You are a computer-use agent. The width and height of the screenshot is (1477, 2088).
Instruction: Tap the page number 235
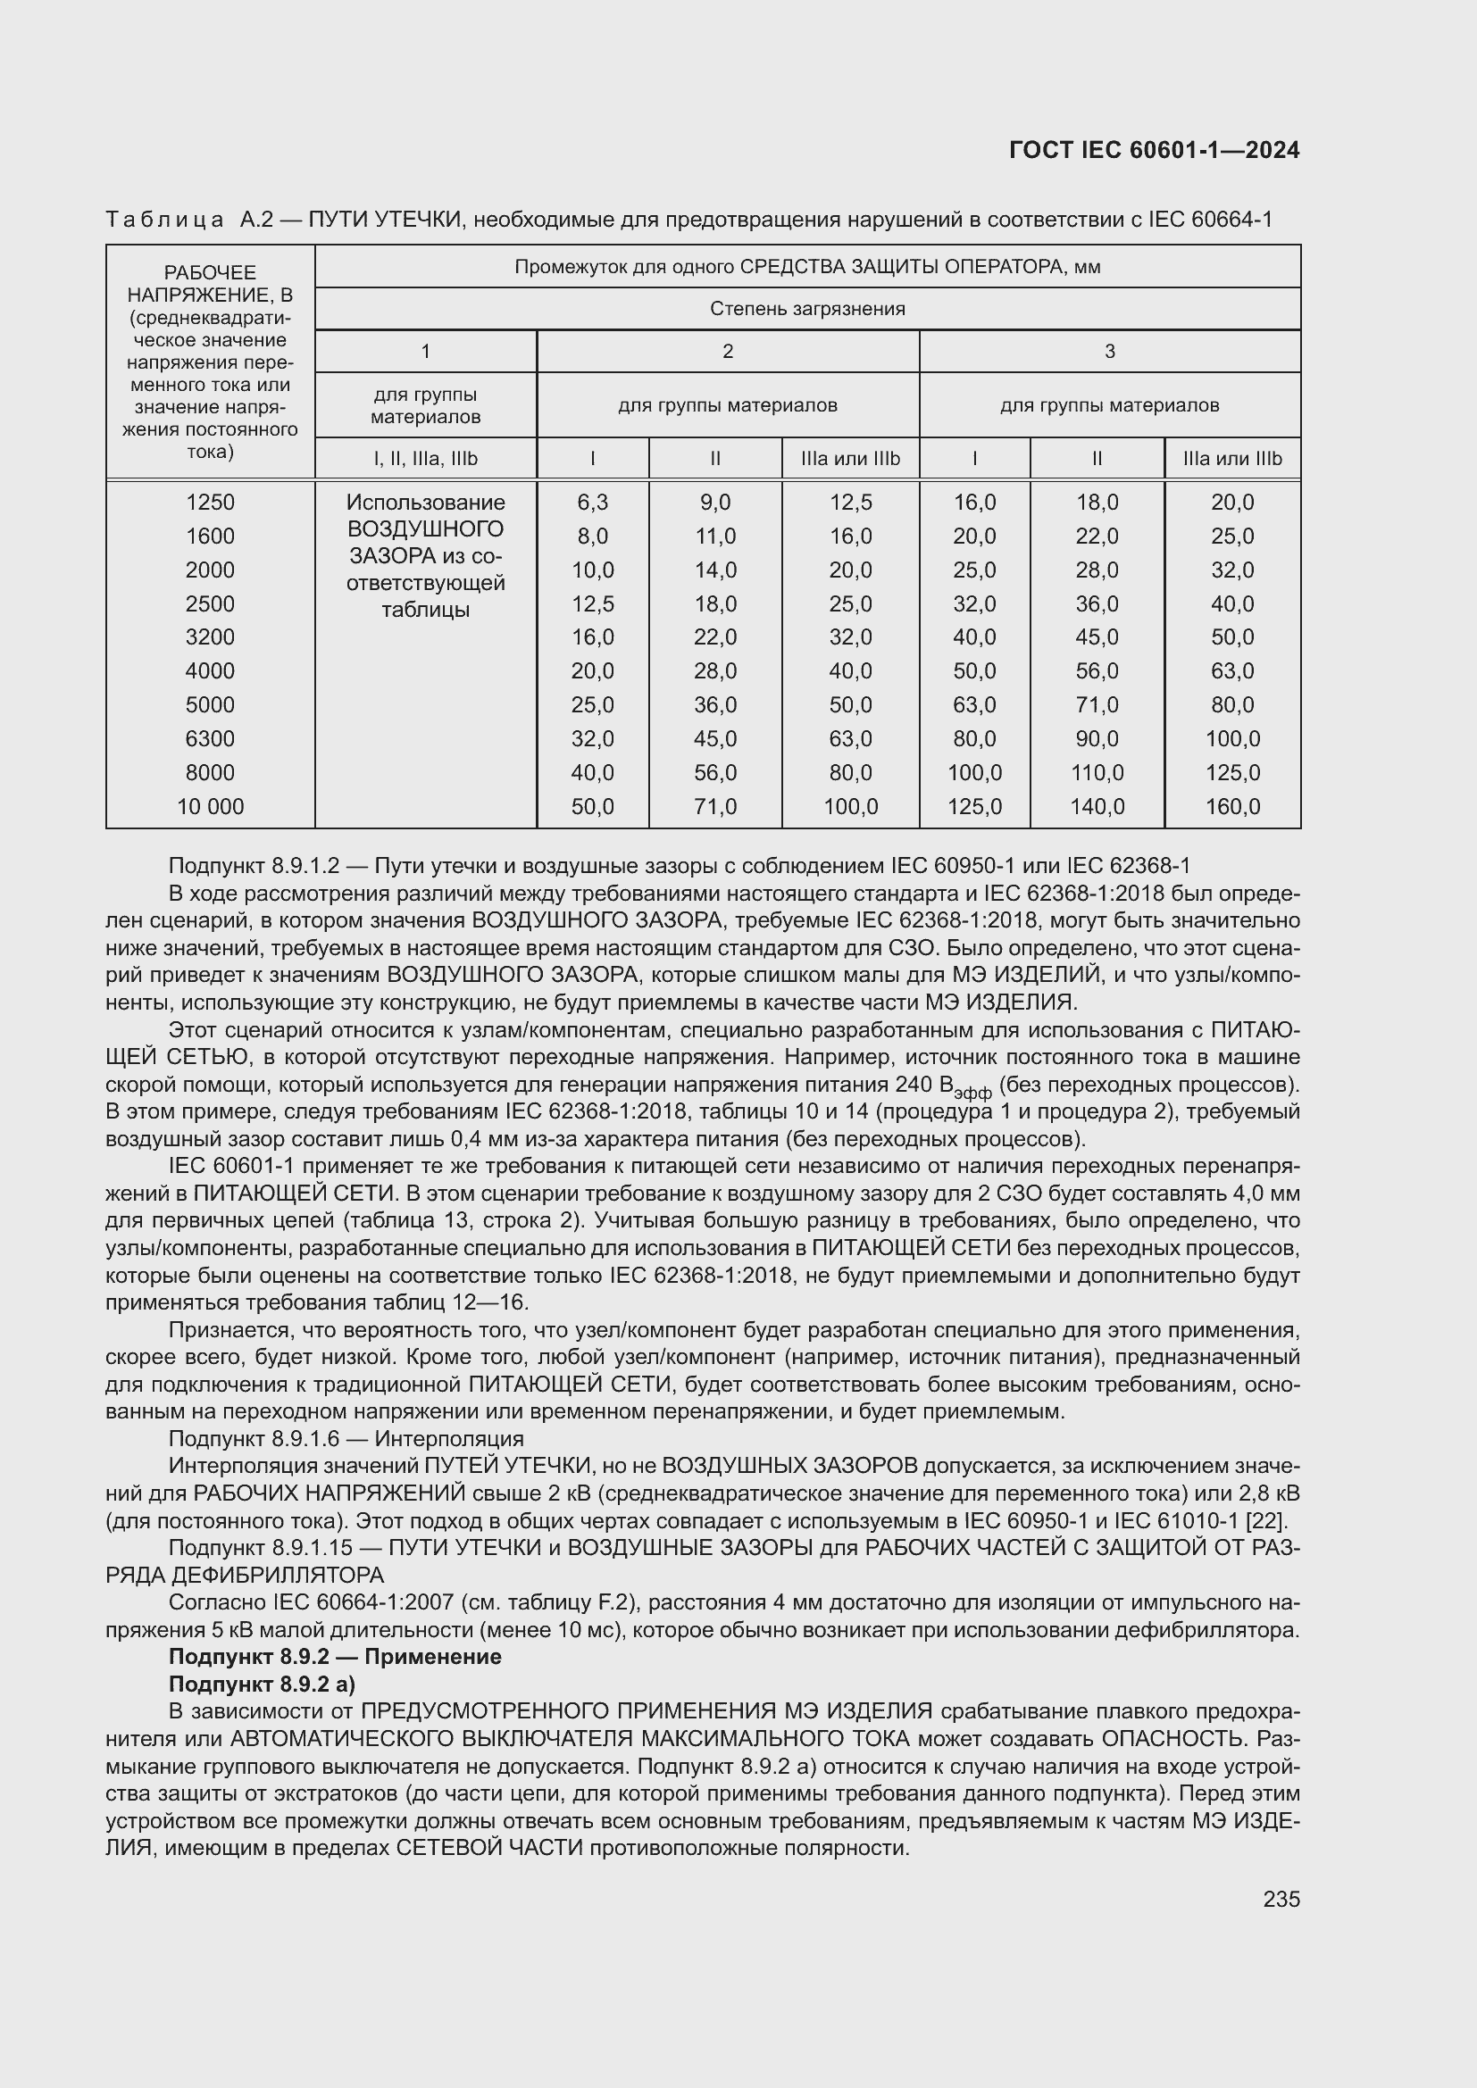pos(1281,1899)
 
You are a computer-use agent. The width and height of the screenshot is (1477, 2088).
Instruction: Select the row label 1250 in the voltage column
pos(210,502)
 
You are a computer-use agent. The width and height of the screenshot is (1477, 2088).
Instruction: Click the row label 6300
pos(210,738)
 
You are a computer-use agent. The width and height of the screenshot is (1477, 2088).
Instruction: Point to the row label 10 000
pos(210,807)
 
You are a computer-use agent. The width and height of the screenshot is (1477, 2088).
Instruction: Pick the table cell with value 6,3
pos(592,502)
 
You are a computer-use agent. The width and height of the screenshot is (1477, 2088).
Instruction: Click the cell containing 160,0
pos(1232,807)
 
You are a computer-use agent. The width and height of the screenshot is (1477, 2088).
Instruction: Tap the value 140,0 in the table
pos(1097,807)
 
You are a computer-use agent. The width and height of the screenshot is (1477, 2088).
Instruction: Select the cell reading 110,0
pos(1097,773)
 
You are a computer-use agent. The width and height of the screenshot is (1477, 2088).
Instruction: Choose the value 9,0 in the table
pos(715,502)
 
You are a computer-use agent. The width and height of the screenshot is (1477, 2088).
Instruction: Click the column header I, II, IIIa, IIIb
pos(425,459)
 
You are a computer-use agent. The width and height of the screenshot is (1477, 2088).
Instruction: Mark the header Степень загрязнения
pos(806,309)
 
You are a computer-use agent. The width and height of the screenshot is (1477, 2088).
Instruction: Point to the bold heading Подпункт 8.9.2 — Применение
pos(335,1657)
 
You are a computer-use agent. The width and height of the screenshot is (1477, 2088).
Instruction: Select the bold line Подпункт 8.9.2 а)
pos(262,1685)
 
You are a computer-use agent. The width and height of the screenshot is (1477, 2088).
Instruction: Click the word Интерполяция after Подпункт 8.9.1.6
pos(449,1439)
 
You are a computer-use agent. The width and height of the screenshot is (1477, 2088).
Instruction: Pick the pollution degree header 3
pos(1109,352)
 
